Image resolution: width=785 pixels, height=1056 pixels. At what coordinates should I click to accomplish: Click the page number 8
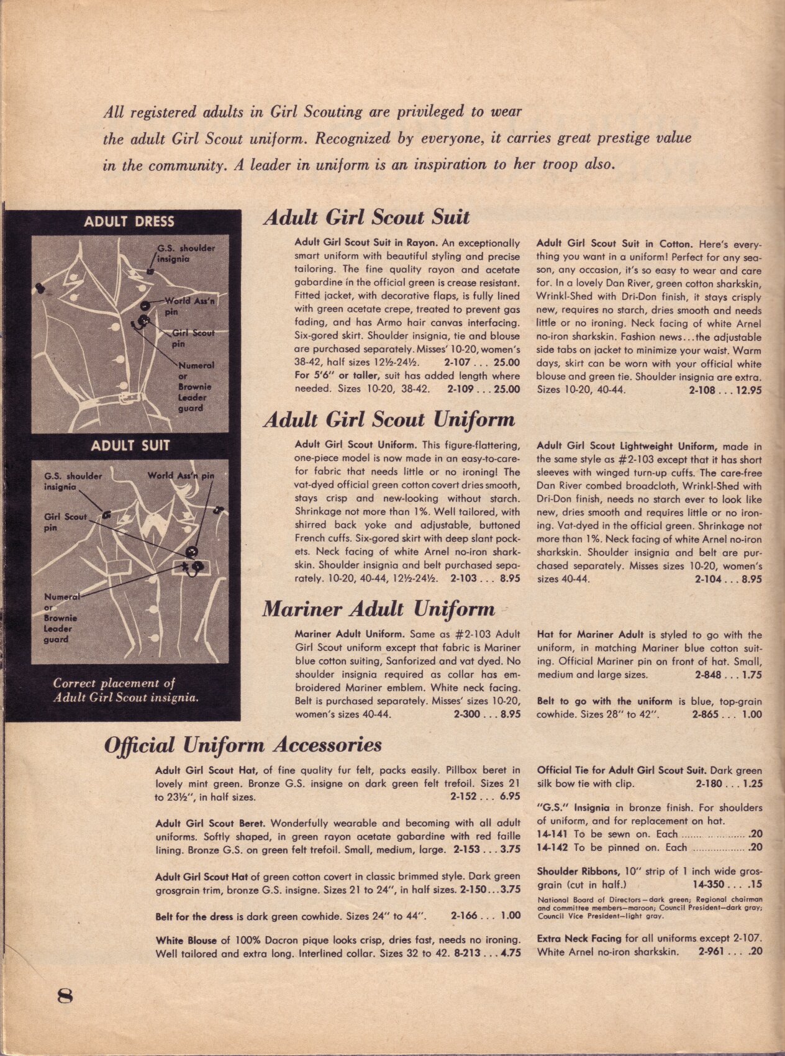65,996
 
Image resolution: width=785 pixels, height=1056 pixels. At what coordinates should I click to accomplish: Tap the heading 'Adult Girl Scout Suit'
366,217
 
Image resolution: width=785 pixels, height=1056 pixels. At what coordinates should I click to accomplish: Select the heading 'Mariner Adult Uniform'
379,609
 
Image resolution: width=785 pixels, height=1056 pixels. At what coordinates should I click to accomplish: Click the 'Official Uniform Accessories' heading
243,745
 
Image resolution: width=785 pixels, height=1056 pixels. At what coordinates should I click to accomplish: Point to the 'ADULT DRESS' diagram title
129,222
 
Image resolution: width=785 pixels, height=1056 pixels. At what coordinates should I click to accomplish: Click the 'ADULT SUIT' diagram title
130,445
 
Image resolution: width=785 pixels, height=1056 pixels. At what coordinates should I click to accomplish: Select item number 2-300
466,714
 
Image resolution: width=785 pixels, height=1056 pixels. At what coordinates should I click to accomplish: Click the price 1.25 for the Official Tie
752,784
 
